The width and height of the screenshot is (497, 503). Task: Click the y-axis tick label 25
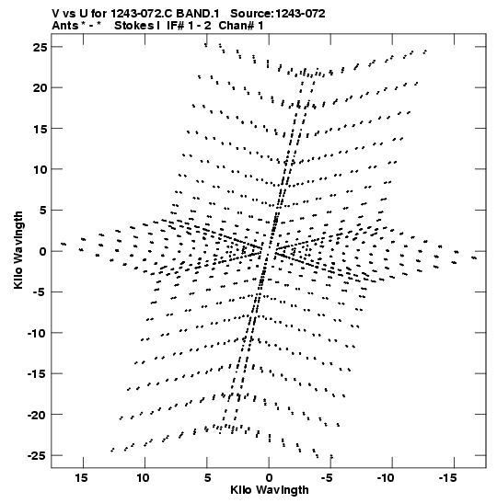click(x=40, y=47)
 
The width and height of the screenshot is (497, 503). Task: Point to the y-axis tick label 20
click(x=40, y=87)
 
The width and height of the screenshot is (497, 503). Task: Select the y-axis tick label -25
click(x=38, y=455)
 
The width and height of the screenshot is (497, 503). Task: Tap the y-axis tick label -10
click(x=38, y=333)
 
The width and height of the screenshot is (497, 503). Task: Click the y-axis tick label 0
click(x=43, y=251)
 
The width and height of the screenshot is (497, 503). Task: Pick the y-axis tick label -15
click(x=38, y=373)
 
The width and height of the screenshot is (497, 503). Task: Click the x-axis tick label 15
click(x=82, y=478)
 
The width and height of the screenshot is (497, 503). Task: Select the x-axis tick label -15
click(x=448, y=478)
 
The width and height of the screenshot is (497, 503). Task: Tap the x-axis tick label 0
click(x=269, y=478)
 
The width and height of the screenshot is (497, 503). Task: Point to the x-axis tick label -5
click(x=327, y=478)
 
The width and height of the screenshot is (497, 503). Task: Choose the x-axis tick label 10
click(x=144, y=478)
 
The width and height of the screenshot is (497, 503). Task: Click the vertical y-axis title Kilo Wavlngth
click(x=18, y=250)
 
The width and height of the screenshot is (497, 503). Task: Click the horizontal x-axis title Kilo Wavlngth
click(x=270, y=490)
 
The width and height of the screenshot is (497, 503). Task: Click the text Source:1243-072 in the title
click(x=278, y=14)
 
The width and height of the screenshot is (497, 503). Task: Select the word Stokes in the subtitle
click(x=133, y=26)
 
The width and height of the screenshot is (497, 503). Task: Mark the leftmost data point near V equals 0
click(x=64, y=244)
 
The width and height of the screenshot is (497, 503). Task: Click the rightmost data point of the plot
click(x=474, y=257)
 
